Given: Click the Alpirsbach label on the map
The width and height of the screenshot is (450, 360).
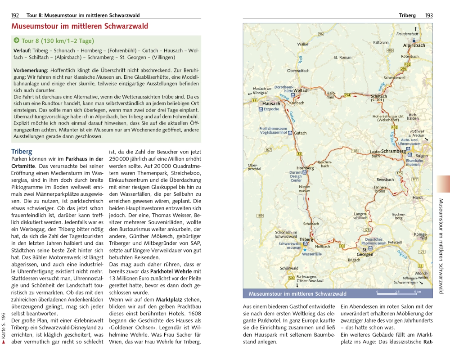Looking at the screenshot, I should click(414, 45).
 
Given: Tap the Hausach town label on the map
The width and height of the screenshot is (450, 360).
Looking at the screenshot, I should click(271, 104).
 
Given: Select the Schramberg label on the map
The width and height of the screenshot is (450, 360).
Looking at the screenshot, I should click(393, 151).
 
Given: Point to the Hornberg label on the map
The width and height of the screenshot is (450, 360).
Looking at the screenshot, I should click(305, 168).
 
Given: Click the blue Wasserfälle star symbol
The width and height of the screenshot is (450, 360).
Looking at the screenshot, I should click(305, 249).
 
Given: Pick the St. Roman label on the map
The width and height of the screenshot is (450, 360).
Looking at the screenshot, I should click(342, 58).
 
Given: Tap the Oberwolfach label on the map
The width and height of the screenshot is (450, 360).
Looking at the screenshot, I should click(298, 71).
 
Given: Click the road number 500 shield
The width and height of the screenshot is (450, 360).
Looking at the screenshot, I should click(292, 278).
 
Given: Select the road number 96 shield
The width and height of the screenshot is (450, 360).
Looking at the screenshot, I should click(321, 34).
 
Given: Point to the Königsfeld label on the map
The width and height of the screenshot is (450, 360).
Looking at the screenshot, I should click(420, 236).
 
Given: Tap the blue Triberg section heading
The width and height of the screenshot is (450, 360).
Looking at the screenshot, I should click(22, 152).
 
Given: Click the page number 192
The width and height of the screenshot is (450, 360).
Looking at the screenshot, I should click(15, 15).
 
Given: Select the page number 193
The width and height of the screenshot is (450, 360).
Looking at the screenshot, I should click(428, 15).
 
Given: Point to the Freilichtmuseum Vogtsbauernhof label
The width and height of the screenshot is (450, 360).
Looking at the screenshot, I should click(273, 131).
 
